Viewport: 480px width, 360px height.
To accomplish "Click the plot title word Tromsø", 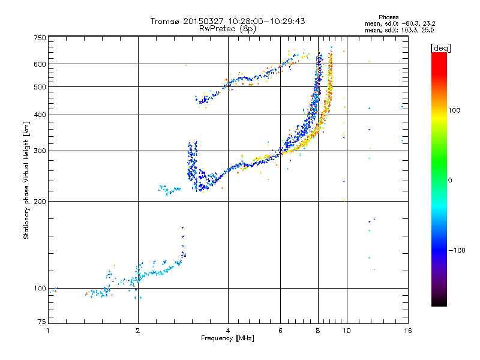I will pyautogui.click(x=165, y=21).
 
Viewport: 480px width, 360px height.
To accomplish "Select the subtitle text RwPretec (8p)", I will pyautogui.click(x=227, y=28).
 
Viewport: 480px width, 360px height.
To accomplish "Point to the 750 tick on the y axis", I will pyautogui.click(x=40, y=37).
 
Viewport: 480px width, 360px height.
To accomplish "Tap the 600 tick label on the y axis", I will pyautogui.click(x=40, y=64).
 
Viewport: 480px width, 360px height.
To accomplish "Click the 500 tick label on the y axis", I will pyautogui.click(x=40, y=87).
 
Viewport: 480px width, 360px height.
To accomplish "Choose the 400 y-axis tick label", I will pyautogui.click(x=40, y=115).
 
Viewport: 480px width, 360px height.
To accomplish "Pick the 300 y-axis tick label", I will pyautogui.click(x=40, y=151).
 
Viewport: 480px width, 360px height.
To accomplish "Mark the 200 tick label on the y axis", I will pyautogui.click(x=40, y=201).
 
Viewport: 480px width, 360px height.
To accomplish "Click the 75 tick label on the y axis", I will pyautogui.click(x=42, y=323).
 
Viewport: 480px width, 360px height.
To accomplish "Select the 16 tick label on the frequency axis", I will pyautogui.click(x=407, y=331).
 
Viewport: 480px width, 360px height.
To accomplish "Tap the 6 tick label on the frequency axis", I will pyautogui.click(x=280, y=331).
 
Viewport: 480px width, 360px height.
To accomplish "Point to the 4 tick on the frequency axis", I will pyautogui.click(x=228, y=331).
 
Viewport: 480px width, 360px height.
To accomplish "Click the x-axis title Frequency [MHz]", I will pyautogui.click(x=227, y=338).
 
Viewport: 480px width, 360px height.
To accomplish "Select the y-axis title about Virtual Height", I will pyautogui.click(x=26, y=181).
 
